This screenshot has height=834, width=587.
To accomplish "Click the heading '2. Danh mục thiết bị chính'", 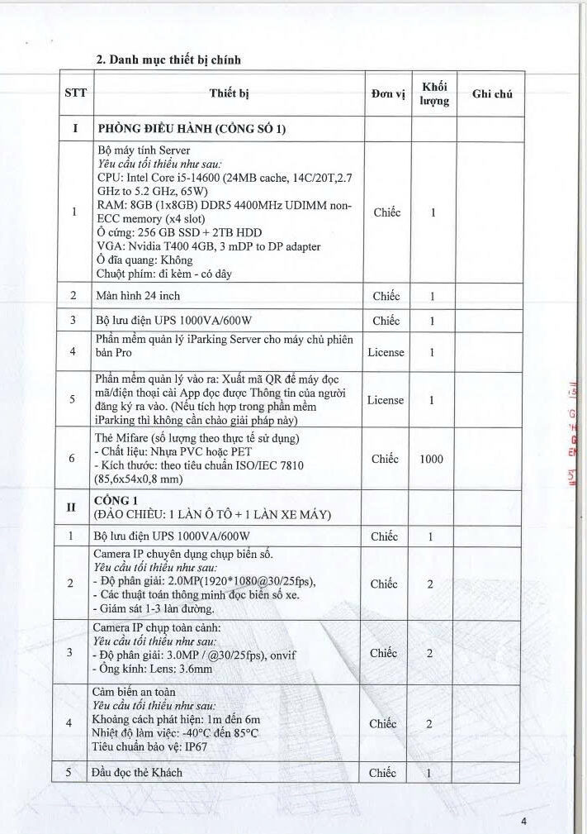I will (168, 60).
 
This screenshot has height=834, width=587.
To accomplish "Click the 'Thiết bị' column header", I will (229, 93).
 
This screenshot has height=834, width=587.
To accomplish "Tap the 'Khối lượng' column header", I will (433, 93).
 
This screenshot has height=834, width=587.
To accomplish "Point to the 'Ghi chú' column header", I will (492, 94).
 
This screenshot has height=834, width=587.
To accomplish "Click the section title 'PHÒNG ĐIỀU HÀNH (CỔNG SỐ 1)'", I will (192, 129).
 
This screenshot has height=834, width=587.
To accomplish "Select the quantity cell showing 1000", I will (431, 459).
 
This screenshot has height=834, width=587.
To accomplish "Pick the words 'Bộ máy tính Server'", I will (144, 150).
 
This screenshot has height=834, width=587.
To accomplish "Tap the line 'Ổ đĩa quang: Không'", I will (144, 260).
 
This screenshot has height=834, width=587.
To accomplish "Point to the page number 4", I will (523, 821).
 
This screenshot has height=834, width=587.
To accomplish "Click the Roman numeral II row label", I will (75, 508).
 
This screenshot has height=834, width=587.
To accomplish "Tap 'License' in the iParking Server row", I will (386, 352).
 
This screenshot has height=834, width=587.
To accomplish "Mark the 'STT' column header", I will (75, 94).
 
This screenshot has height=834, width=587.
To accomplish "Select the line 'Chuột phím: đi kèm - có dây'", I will (163, 274).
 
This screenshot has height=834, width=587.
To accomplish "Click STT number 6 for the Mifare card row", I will (74, 459).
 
